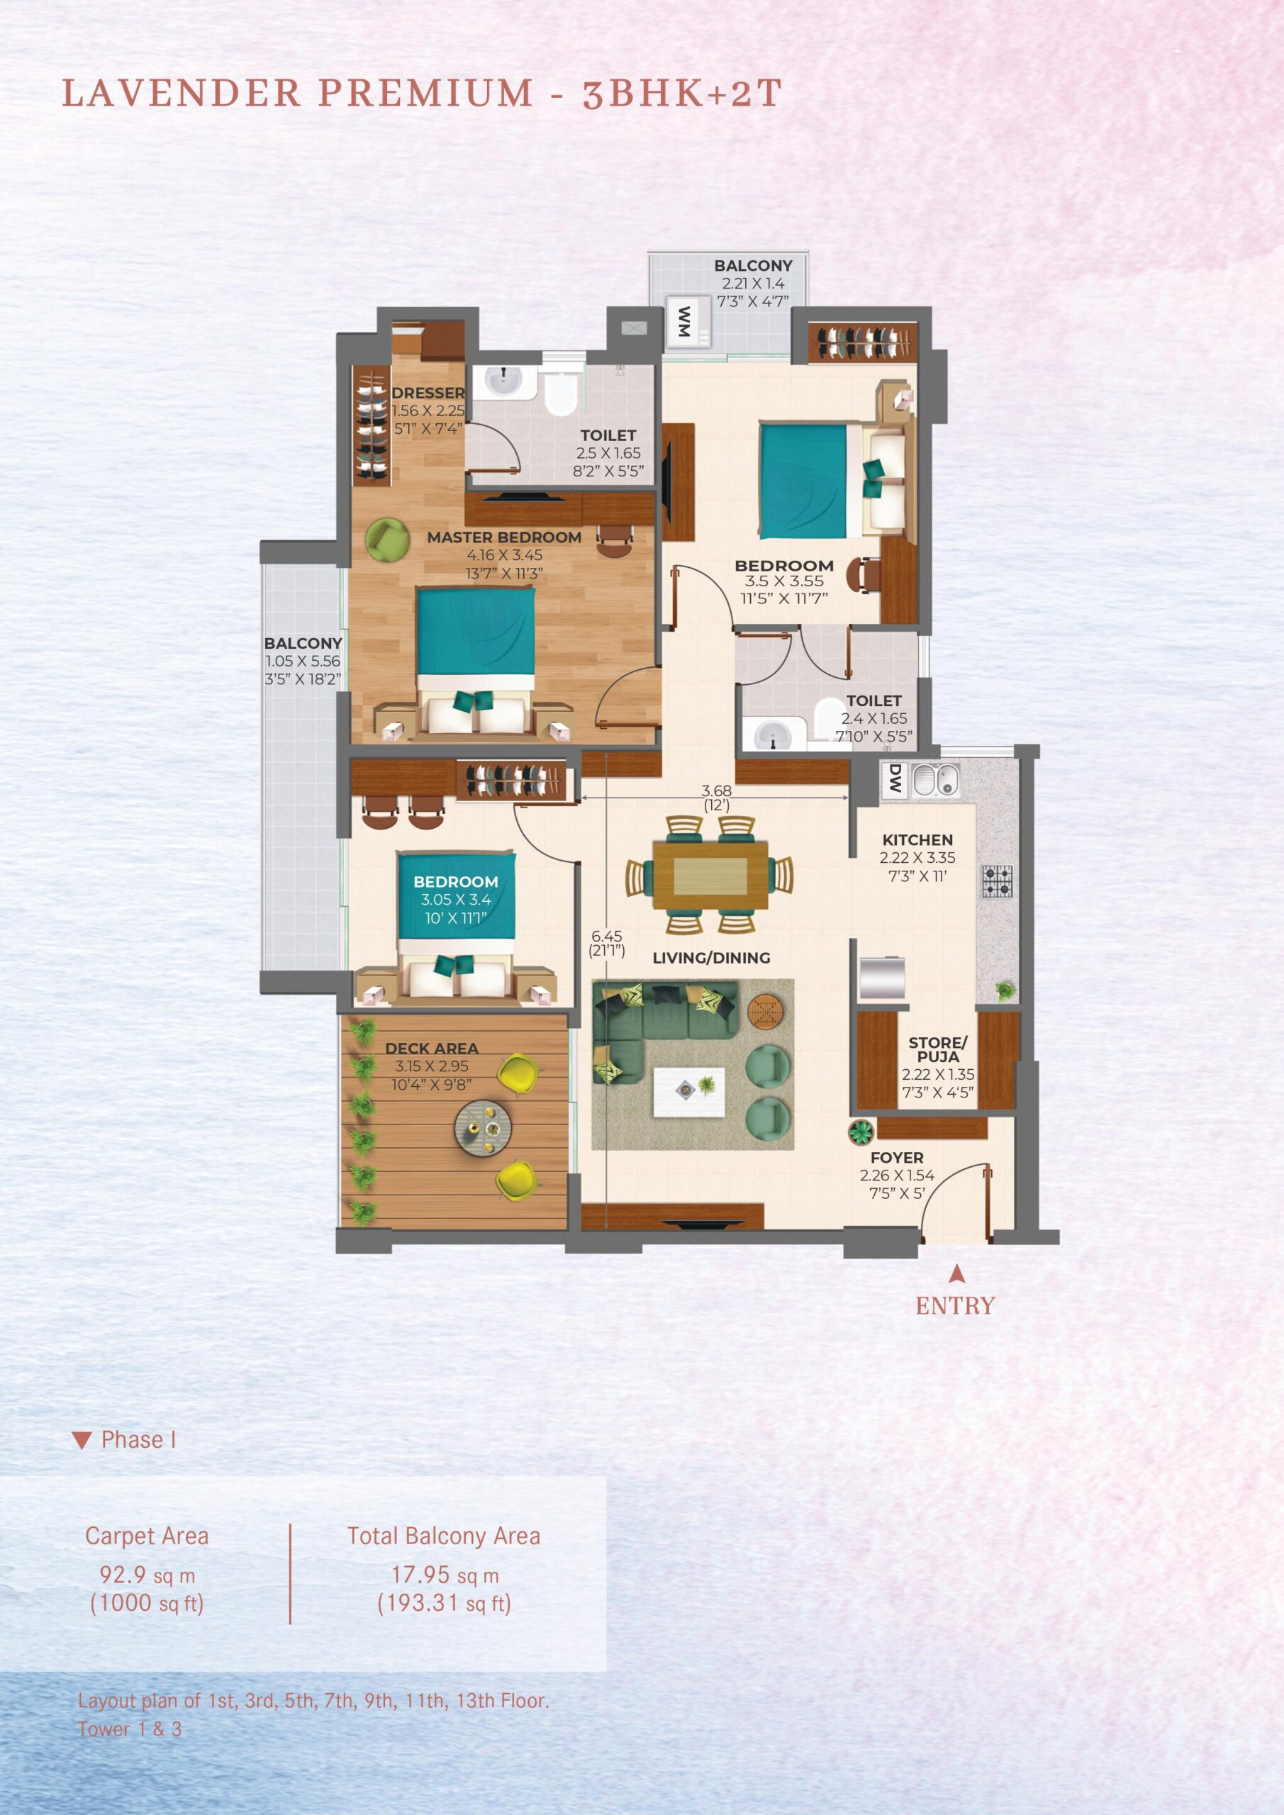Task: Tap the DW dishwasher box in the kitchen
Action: pyautogui.click(x=894, y=779)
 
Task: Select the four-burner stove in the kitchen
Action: pyautogui.click(x=997, y=881)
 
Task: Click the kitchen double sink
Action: pyautogui.click(x=936, y=780)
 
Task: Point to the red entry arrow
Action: pyautogui.click(x=956, y=1273)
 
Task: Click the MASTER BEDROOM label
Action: pyautogui.click(x=503, y=537)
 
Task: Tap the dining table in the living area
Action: pyautogui.click(x=710, y=875)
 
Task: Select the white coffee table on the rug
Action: pyautogui.click(x=688, y=1092)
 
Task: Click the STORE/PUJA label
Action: pyautogui.click(x=938, y=1050)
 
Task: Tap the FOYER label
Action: pyautogui.click(x=897, y=1157)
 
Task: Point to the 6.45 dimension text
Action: pyautogui.click(x=606, y=936)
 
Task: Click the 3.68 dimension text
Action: pyautogui.click(x=716, y=791)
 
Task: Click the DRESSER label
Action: pyautogui.click(x=428, y=393)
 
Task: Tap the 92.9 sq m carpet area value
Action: pyautogui.click(x=146, y=1575)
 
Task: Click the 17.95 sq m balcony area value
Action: pyautogui.click(x=445, y=1575)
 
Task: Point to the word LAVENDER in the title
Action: pyautogui.click(x=181, y=94)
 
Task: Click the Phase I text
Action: pyautogui.click(x=138, y=1439)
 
